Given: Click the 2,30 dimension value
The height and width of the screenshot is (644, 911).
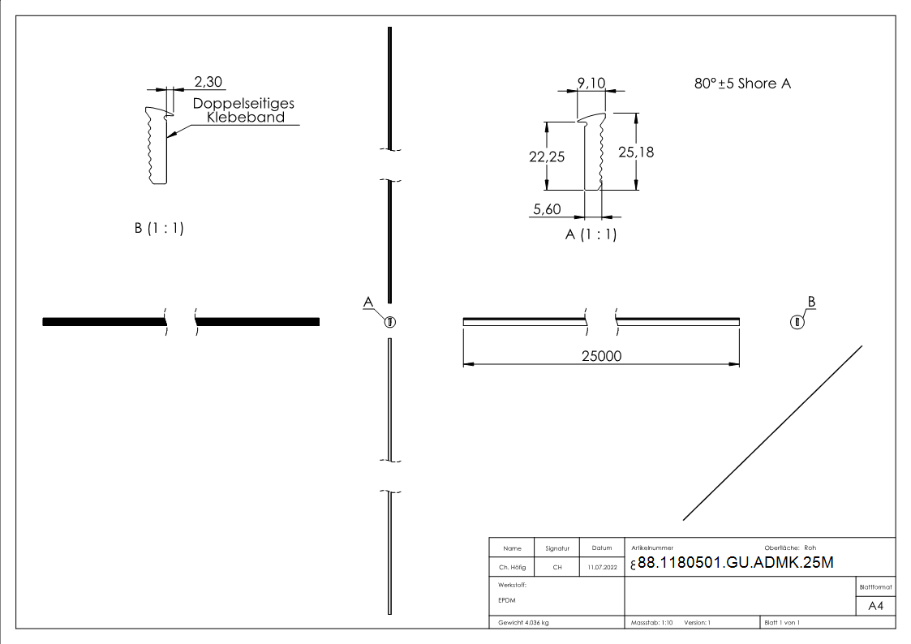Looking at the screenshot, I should click(x=208, y=81).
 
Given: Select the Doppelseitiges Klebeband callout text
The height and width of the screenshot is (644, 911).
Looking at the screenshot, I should click(x=243, y=110).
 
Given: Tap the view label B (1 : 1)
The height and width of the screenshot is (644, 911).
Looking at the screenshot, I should click(x=159, y=229).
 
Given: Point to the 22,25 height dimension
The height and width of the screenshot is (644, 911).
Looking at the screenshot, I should click(x=547, y=157).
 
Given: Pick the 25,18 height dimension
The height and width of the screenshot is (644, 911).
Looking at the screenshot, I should click(x=636, y=152).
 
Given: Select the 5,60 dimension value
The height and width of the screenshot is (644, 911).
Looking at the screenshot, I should click(x=548, y=209).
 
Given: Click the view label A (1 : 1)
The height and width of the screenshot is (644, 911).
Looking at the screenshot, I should click(x=591, y=234).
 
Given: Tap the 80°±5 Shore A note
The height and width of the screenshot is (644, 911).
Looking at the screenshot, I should click(x=742, y=84).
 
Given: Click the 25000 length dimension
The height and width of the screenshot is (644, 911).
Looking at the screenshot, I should click(x=600, y=355).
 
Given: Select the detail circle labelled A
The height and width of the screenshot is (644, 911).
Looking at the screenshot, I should click(x=390, y=321).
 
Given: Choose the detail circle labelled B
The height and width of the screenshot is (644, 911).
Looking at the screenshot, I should click(x=797, y=321).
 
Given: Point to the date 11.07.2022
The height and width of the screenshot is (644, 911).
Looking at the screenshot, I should click(x=601, y=568).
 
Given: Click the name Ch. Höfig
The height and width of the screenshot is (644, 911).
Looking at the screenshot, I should click(x=512, y=568).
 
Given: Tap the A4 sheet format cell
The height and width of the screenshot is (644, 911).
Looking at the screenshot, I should click(x=875, y=606).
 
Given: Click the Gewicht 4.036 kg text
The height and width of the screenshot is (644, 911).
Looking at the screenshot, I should click(x=524, y=622).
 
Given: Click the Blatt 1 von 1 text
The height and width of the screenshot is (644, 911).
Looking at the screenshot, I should click(x=782, y=622).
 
